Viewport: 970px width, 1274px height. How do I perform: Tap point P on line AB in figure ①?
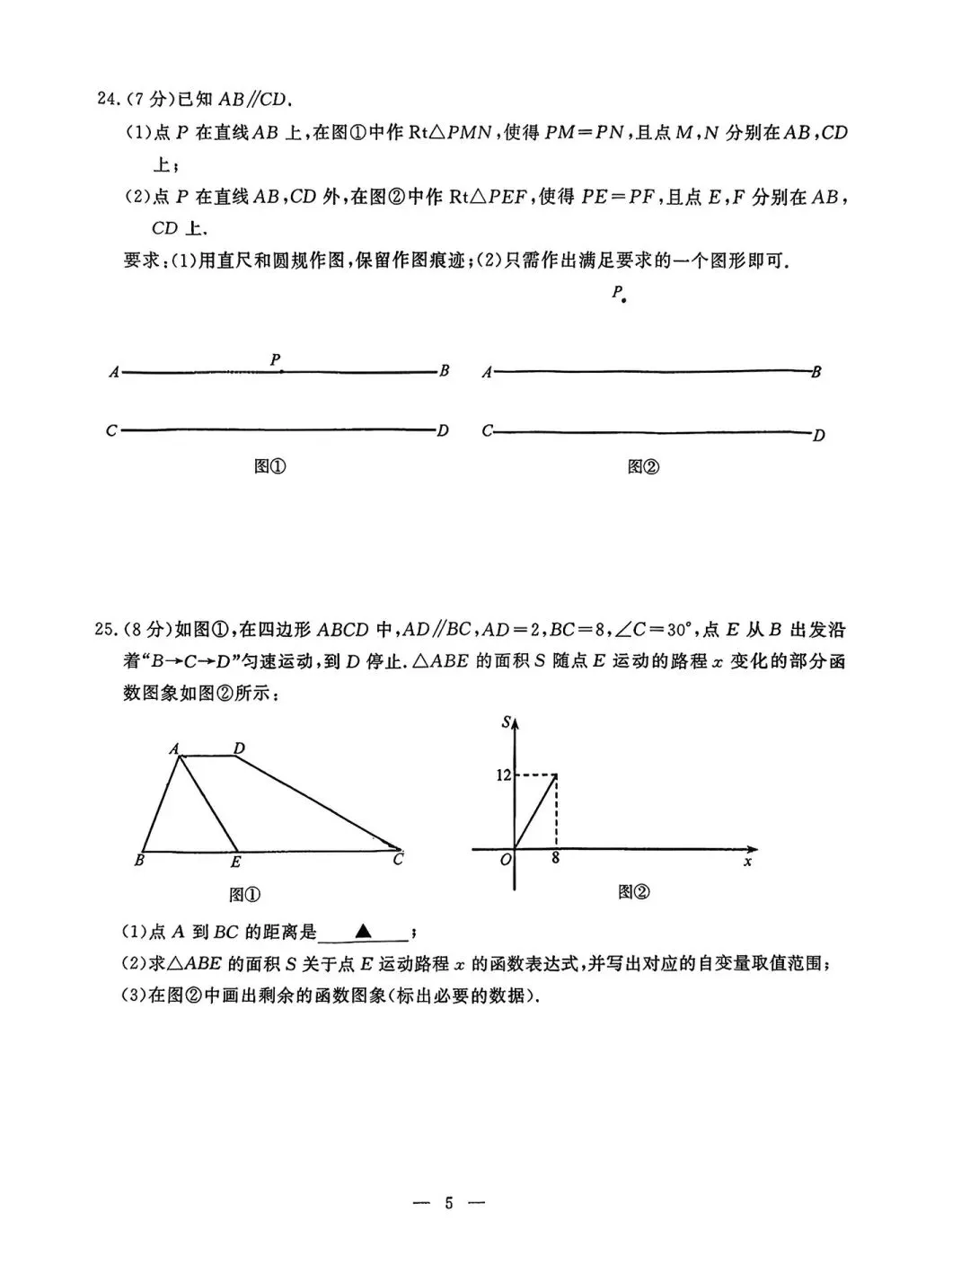pos(281,370)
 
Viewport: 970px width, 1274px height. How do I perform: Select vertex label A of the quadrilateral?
pos(173,748)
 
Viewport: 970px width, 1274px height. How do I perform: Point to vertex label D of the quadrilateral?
pos(239,748)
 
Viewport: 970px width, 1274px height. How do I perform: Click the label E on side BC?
pos(235,863)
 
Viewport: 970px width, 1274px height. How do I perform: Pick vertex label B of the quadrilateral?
pos(139,861)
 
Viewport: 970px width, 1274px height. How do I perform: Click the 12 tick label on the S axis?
pos(503,775)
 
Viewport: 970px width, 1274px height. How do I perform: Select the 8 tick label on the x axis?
pos(556,858)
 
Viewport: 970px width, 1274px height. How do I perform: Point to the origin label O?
pos(506,860)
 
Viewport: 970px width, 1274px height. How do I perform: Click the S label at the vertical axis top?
pos(507,721)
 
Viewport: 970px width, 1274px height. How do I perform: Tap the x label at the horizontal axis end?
pos(747,863)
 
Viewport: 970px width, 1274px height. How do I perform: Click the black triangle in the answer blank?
pos(363,931)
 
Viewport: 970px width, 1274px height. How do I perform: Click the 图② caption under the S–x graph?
pos(633,891)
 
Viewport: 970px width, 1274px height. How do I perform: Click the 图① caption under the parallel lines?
pos(270,466)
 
